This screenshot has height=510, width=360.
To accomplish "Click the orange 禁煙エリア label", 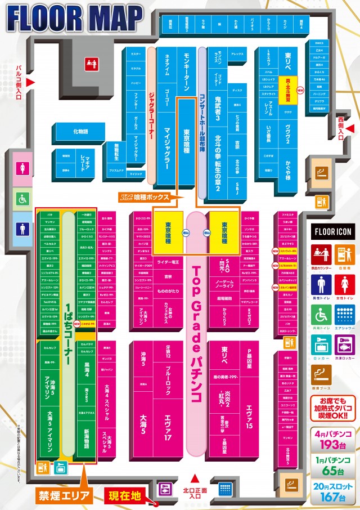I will [x=64, y=496].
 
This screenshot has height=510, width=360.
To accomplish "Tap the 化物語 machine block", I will [x=80, y=132].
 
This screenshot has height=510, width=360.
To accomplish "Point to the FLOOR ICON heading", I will [x=332, y=231].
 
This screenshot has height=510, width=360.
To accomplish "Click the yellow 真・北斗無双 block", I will [x=287, y=89].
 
